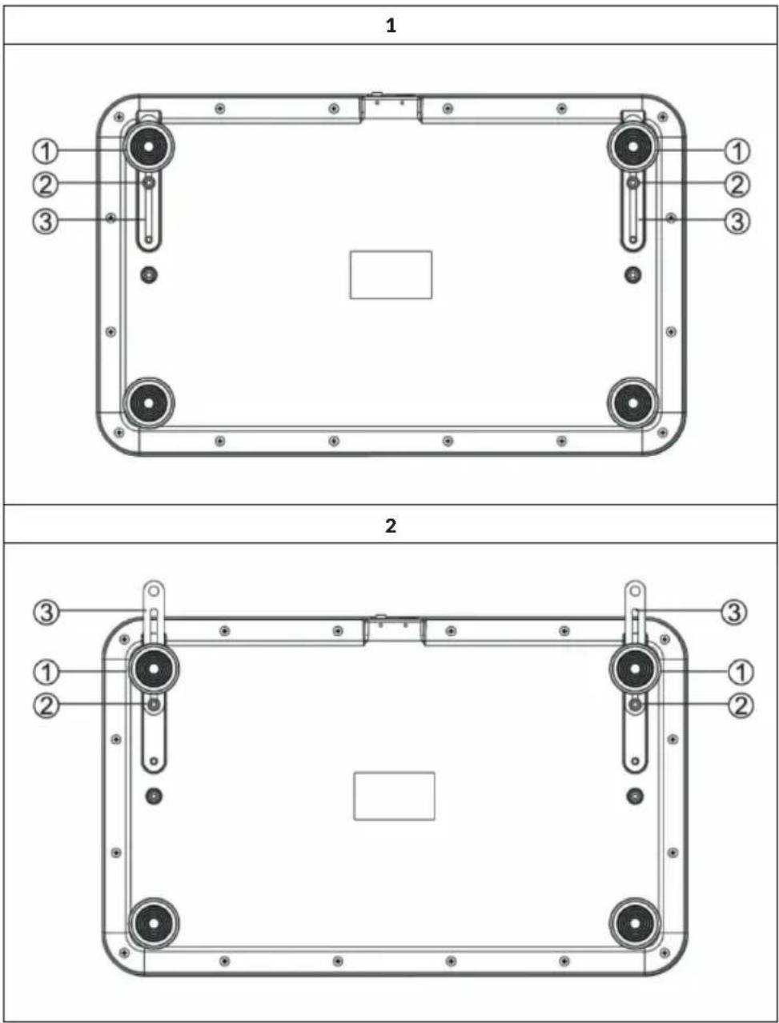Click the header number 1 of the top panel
click(x=391, y=25)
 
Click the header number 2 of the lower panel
click(x=391, y=525)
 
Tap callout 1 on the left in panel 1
click(x=46, y=151)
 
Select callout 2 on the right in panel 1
click(x=737, y=185)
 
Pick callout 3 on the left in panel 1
click(x=46, y=221)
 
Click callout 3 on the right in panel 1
click(x=737, y=221)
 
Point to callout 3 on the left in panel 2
click(x=46, y=612)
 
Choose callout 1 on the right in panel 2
click(x=741, y=673)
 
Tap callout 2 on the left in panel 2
click(x=46, y=706)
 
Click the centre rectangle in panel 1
click(x=391, y=274)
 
